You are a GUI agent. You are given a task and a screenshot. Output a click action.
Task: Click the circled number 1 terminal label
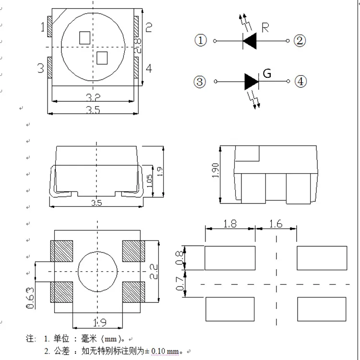click(201, 40)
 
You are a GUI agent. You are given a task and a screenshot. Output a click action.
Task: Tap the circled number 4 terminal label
click(300, 82)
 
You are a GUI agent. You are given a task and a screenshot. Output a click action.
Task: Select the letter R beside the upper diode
click(265, 27)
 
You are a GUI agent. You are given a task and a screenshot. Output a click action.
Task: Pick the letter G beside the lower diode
click(267, 73)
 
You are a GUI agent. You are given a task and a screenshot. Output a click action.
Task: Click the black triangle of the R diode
click(250, 41)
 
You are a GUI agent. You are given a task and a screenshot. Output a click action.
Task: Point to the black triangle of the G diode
click(252, 82)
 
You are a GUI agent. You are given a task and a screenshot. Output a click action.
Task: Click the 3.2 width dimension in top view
click(93, 97)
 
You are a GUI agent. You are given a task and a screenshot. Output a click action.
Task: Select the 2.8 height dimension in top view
click(138, 46)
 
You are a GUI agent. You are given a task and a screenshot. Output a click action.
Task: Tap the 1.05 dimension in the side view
click(149, 181)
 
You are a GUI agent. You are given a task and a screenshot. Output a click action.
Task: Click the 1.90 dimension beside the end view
click(216, 170)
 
